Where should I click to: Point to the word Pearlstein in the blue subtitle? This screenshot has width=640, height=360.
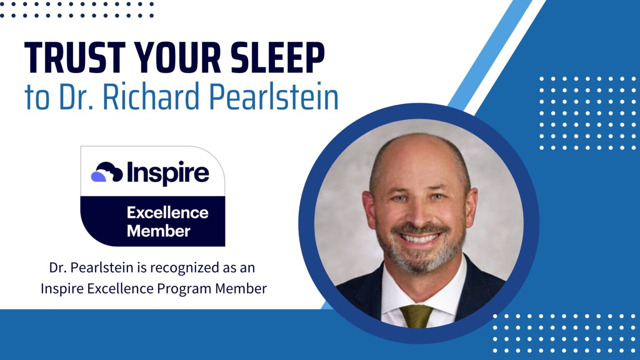coord(273,97)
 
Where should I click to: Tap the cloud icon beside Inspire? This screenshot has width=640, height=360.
coord(107,172)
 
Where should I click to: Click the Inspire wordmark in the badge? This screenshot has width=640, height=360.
coord(167,172)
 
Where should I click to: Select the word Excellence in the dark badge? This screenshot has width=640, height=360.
coord(167,212)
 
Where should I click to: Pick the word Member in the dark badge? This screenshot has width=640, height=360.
coord(158,231)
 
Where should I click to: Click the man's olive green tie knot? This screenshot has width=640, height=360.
coord(416,312)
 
